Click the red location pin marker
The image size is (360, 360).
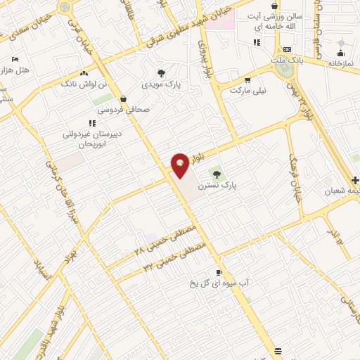click(x=180, y=165)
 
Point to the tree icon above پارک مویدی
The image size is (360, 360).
click(x=161, y=73)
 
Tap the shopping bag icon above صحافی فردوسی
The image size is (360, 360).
click(x=124, y=99)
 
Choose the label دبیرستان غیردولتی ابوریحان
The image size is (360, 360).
click(x=89, y=138)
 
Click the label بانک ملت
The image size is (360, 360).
click(x=288, y=60)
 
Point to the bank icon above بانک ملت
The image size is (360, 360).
click(x=287, y=49)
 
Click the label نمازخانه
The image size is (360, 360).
click(x=341, y=63)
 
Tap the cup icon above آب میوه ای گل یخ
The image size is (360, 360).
click(x=219, y=272)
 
